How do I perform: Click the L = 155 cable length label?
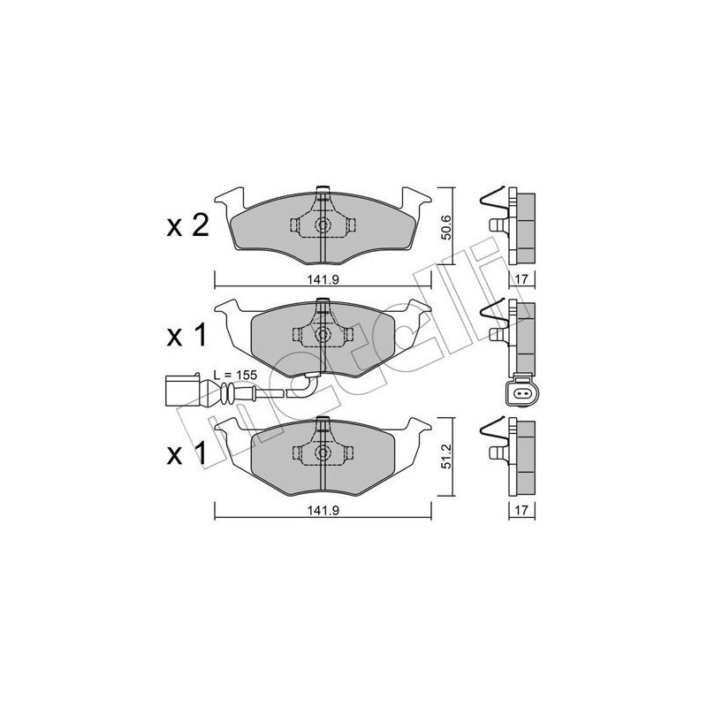pyautogui.click(x=235, y=375)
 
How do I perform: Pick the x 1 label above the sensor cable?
pyautogui.click(x=186, y=336)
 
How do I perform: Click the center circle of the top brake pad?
pyautogui.click(x=323, y=225)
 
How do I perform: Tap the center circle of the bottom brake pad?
pyautogui.click(x=323, y=453)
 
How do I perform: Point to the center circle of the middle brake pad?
pyautogui.click(x=323, y=335)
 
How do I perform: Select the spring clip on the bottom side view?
pyautogui.click(x=490, y=434)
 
